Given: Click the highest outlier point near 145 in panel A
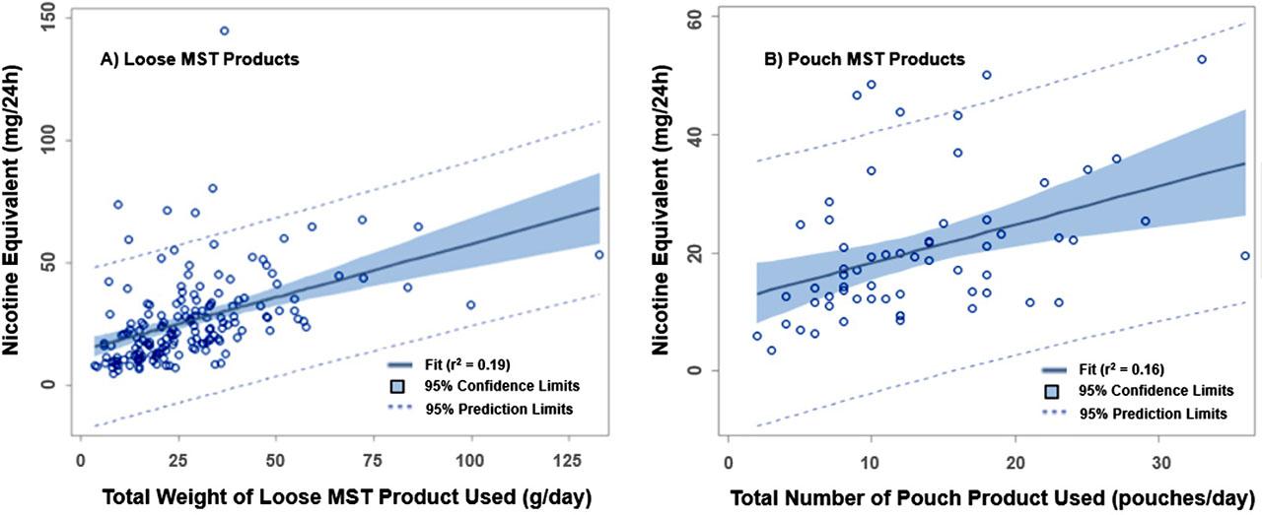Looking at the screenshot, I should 224,31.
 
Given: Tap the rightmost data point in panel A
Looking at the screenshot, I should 598,254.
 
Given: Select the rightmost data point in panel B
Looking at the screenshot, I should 1244,255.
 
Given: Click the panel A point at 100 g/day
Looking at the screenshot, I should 470,305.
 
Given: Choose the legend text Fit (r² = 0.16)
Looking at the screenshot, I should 1121,370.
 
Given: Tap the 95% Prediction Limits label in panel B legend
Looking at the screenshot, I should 1153,415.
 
